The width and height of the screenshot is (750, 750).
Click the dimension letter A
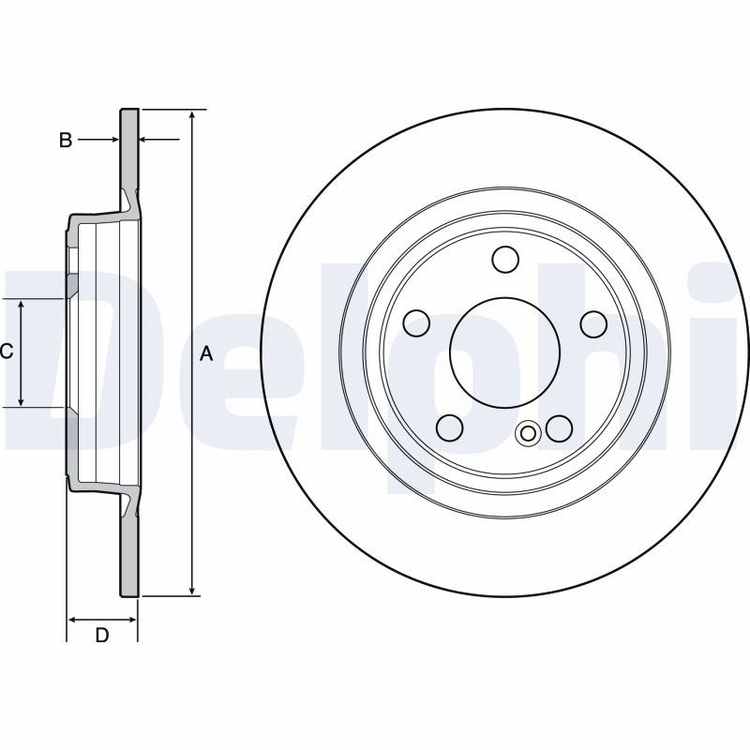[x=206, y=353]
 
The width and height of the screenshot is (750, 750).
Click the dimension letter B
[x=66, y=140]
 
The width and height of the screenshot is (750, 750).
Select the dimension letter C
[x=7, y=352]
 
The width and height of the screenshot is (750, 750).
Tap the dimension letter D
[x=102, y=636]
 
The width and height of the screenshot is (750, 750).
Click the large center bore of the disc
[x=504, y=352]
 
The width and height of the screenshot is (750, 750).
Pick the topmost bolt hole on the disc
[x=505, y=259]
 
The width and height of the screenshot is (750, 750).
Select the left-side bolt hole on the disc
[x=416, y=323]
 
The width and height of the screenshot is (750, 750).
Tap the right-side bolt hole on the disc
[x=593, y=323]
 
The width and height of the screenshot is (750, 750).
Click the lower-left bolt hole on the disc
[x=450, y=427]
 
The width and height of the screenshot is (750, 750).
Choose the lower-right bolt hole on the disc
[x=559, y=428]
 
